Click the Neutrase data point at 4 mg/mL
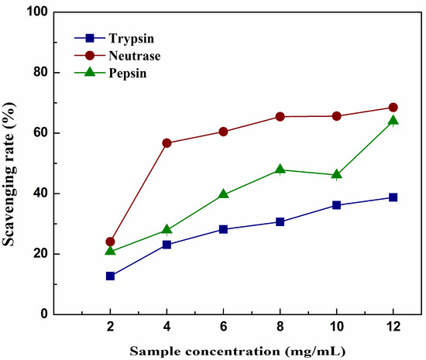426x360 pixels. coord(167,143)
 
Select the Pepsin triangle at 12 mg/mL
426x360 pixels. coord(393,120)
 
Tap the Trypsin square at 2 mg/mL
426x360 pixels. coord(110,276)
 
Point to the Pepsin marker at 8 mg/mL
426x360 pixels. coord(280,170)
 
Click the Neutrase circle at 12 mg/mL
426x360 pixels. coord(393,108)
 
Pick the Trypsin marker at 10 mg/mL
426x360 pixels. coord(337,205)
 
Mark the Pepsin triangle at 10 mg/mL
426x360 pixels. coord(337,174)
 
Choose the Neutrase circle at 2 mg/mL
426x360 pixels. coord(110,242)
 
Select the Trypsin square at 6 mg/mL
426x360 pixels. coord(223,229)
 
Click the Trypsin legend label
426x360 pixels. coord(132,39)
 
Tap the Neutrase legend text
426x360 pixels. coord(135,56)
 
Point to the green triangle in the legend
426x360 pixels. coord(90,72)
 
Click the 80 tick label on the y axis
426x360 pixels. coord(40,73)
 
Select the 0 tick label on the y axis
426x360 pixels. coord(44,314)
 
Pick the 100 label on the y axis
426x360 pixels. coord(37,12)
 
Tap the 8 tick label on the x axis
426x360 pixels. coord(280,327)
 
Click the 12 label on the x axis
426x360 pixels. coord(393,327)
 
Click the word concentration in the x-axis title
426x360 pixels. coord(233,351)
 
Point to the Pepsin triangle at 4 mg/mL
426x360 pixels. coord(167,230)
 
